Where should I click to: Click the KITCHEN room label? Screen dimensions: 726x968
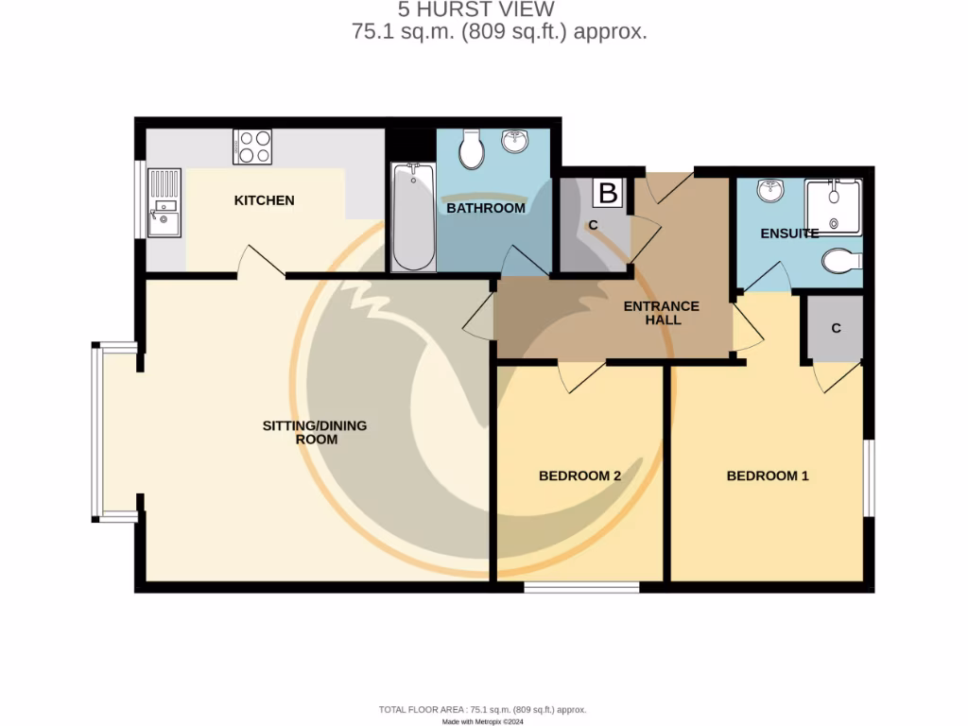pos(264,200)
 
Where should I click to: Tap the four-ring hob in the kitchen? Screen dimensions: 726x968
pos(252,147)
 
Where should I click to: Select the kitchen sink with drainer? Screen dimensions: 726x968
pos(164,202)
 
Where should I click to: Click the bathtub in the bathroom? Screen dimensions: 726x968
pos(413,216)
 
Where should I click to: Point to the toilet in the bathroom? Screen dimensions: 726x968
pos(470,147)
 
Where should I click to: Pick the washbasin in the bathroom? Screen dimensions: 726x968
pos(515,142)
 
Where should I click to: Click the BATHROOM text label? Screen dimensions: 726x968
pos(485,208)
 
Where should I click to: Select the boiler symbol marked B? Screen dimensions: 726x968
pos(608,194)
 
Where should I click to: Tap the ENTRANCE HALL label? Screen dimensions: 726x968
pos(661,313)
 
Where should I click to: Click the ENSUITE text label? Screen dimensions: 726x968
pos(789,233)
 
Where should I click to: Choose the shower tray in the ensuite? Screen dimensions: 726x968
pos(832,206)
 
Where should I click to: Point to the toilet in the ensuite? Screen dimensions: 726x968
pos(840,260)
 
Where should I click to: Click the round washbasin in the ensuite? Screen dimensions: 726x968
pos(772,190)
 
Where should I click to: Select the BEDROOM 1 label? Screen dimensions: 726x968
pos(767,475)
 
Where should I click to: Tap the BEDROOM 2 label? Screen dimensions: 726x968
pos(579,475)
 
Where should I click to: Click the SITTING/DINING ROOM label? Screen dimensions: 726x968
pos(314,432)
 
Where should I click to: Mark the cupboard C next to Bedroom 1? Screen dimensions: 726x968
pos(835,329)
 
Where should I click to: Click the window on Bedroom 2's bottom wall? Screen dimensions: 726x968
pos(581,587)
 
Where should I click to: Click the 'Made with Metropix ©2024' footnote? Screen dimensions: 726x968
pos(483,721)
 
